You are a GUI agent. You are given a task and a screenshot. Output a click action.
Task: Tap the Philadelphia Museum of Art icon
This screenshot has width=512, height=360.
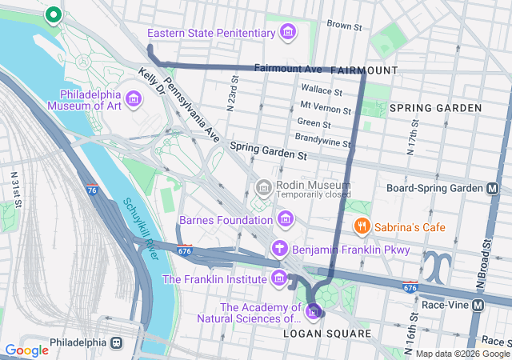point(133,100)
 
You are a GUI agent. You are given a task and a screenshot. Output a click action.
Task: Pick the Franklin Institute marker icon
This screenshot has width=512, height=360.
point(279,278)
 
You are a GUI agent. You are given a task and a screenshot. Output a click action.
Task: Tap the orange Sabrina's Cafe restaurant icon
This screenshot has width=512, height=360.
point(362,226)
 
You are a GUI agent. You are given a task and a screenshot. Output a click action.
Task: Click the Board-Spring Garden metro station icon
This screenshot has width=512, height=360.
point(494,188)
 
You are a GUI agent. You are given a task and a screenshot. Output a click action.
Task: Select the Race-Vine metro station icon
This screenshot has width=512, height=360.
point(478,305)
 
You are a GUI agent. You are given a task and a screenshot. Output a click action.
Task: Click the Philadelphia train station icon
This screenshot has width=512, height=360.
point(117,342)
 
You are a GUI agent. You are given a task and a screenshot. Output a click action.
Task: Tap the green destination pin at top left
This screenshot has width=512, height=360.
point(53,14)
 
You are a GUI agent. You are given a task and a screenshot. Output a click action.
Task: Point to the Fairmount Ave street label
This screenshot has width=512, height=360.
point(287,70)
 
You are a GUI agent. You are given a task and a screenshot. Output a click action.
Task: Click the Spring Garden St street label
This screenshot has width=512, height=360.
point(268,148)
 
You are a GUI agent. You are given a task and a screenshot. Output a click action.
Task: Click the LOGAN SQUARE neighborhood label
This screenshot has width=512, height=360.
point(327,333)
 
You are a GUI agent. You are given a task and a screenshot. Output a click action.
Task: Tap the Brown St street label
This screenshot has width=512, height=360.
point(345,26)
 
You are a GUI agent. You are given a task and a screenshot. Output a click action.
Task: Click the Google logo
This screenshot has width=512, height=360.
point(26,350)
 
